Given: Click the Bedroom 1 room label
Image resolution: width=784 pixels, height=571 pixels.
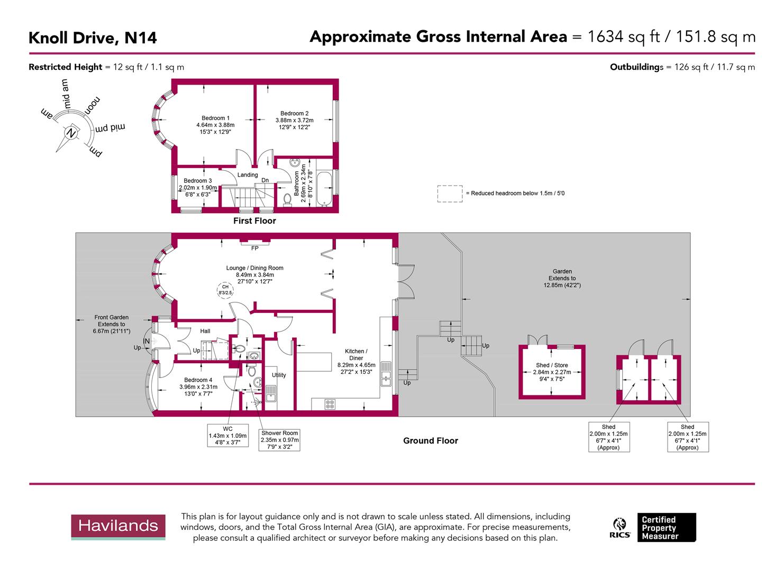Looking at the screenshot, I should click(215, 118).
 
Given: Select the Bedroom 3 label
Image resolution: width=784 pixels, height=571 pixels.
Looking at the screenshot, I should click(197, 181).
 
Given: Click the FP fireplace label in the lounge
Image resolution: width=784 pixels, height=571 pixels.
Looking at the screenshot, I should click(254, 248).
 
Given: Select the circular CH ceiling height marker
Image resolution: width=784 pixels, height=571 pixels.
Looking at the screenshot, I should click(225, 290).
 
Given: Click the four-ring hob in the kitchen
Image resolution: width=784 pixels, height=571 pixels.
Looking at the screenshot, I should click(330, 404).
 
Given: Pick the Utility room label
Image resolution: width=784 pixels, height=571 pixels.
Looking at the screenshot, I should click(279, 375).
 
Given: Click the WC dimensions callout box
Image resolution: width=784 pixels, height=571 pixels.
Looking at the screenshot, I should click(227, 436).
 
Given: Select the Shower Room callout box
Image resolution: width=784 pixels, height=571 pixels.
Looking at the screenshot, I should click(279, 440).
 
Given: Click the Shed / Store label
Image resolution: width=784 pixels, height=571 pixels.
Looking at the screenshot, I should click(552, 365).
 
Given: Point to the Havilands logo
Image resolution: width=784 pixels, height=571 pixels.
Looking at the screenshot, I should click(118, 527).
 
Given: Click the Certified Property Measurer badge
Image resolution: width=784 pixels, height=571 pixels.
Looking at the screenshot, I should click(666, 527).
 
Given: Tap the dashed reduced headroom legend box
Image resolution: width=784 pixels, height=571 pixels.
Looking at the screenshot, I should click(450, 194).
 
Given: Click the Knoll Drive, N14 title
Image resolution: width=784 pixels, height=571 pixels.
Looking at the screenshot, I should click(93, 38).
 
